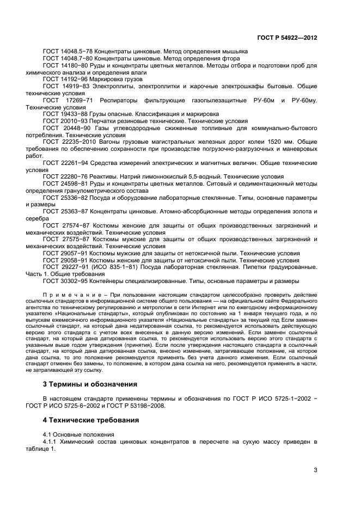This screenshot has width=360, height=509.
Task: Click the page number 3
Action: [x=315, y=470]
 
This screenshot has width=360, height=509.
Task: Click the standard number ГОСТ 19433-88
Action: [x=61, y=115]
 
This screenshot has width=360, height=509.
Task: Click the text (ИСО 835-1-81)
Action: [x=111, y=267]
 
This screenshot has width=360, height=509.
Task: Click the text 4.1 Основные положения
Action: [x=78, y=435]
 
